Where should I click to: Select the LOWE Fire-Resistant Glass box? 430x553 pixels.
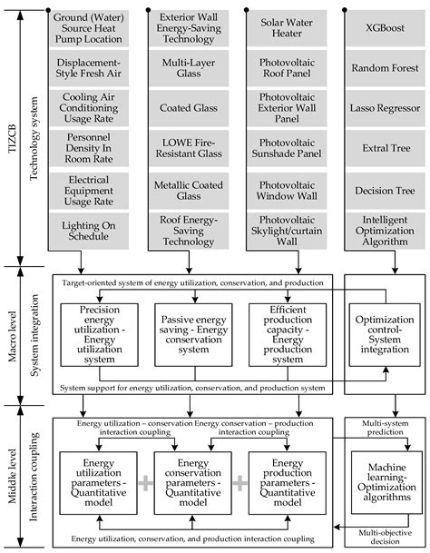(187, 151)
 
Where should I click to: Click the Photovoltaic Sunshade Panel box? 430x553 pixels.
(283, 151)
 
